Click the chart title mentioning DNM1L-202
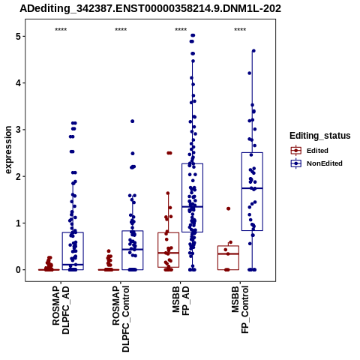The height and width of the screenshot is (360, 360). [x=150, y=8]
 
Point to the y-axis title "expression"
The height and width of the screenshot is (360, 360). [x=8, y=150]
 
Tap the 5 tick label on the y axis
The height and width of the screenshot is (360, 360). [x=18, y=37]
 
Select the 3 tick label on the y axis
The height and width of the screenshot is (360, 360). [x=18, y=130]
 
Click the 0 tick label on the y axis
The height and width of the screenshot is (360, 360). [x=18, y=270]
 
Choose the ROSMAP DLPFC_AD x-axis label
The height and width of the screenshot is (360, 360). [x=61, y=310]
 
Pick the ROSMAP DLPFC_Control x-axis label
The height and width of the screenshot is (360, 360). [x=121, y=319]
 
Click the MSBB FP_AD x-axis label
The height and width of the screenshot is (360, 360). [x=181, y=301]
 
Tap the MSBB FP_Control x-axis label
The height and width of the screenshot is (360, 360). [x=241, y=310]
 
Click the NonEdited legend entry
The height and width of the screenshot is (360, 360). [x=316, y=163]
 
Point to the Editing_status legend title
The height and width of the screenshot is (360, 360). [x=320, y=136]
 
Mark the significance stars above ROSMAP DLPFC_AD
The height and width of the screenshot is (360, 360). [x=61, y=30]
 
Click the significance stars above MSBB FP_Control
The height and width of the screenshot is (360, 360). [x=240, y=30]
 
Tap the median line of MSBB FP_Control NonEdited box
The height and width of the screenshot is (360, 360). [x=252, y=188]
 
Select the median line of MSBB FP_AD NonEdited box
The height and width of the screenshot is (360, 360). [x=192, y=207]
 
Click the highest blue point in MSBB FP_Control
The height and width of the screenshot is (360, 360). [x=253, y=51]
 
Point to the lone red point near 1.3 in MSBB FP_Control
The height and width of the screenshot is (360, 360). [x=228, y=208]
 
